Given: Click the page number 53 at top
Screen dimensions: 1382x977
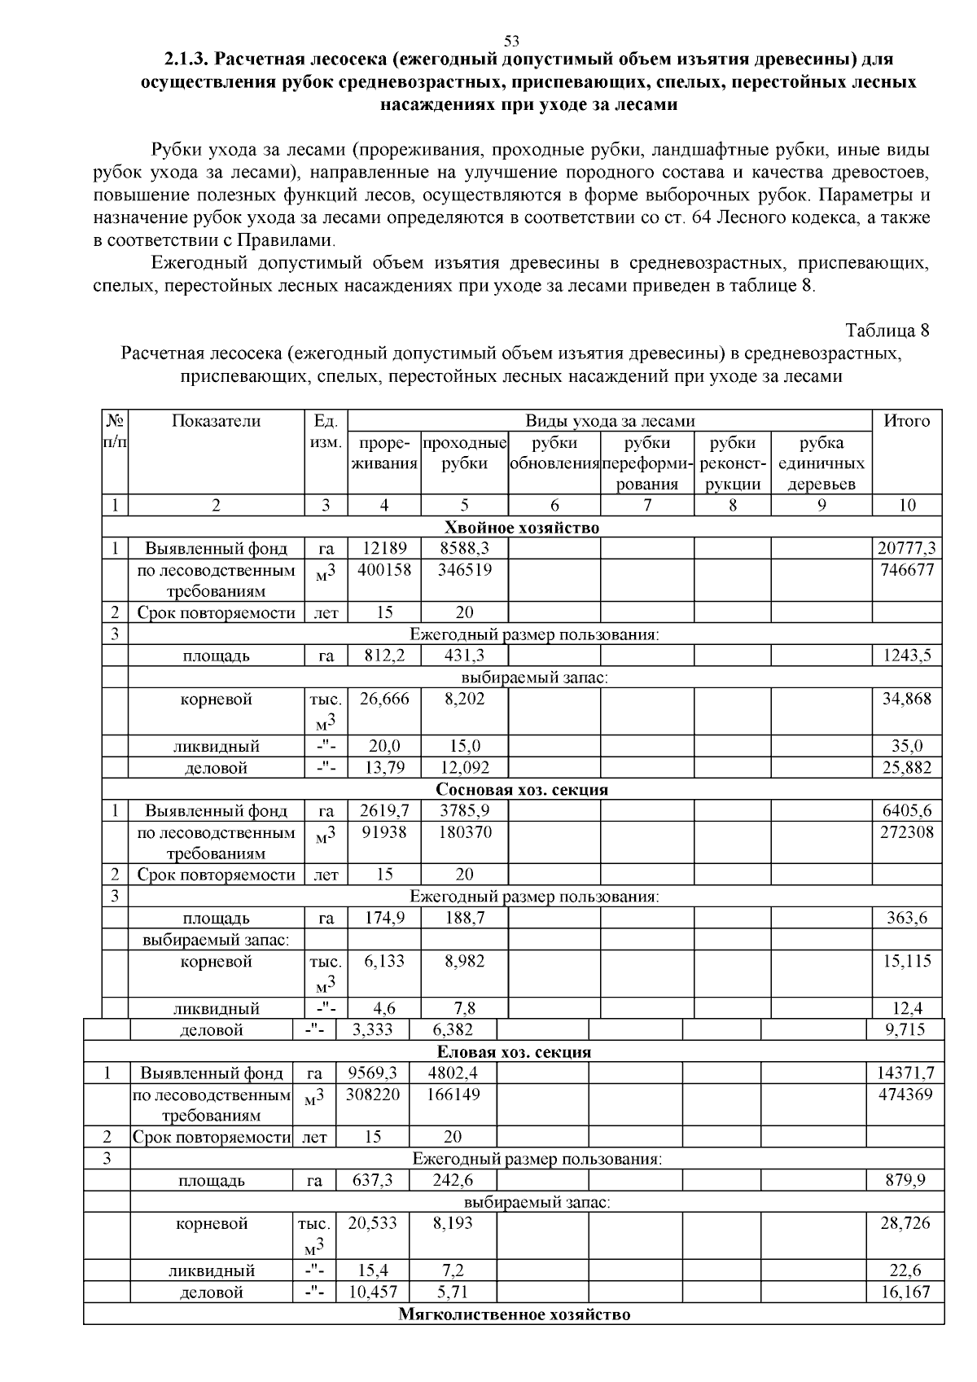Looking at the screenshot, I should click(511, 41).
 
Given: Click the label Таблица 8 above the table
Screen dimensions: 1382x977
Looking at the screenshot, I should click(887, 331).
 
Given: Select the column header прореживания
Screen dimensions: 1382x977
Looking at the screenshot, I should click(383, 454).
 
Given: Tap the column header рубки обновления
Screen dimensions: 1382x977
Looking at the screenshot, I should click(554, 454).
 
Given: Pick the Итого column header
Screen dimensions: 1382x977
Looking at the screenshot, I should click(906, 421).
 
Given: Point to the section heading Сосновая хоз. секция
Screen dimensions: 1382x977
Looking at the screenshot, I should click(522, 790).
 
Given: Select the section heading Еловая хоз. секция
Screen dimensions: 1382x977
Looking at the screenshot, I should click(514, 1052).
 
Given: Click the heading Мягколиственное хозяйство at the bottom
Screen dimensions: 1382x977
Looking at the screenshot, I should click(514, 1314).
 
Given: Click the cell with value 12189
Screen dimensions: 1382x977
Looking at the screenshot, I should click(383, 549).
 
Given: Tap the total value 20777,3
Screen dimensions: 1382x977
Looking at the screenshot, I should click(906, 549).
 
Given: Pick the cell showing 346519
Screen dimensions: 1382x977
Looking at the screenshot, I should click(464, 570).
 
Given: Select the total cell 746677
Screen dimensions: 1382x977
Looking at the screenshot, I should click(906, 570).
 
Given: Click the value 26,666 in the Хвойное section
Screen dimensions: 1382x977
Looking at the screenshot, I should click(383, 700).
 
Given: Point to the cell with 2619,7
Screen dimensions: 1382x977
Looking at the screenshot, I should click(383, 811).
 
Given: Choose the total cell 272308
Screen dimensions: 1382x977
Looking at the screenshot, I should click(906, 832).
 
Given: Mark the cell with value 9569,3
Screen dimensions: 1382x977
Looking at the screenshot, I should click(372, 1073).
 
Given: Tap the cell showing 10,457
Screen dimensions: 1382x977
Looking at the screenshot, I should click(372, 1292).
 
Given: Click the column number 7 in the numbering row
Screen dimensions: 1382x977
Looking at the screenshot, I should click(646, 505).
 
